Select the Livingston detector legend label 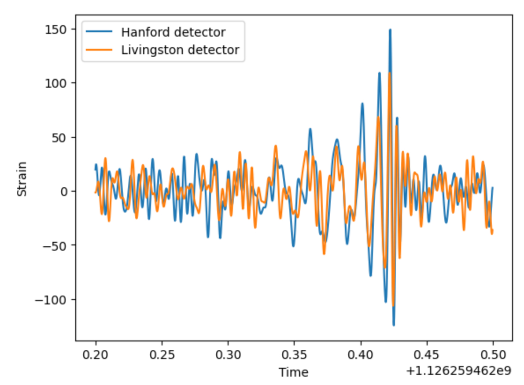(180, 50)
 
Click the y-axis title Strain (22, 179)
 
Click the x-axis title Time (294, 372)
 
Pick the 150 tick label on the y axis (55, 29)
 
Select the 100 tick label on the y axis (55, 83)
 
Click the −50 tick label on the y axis (54, 245)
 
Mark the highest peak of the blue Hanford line (390, 30)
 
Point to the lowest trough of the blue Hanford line (394, 325)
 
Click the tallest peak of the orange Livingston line (389, 73)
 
